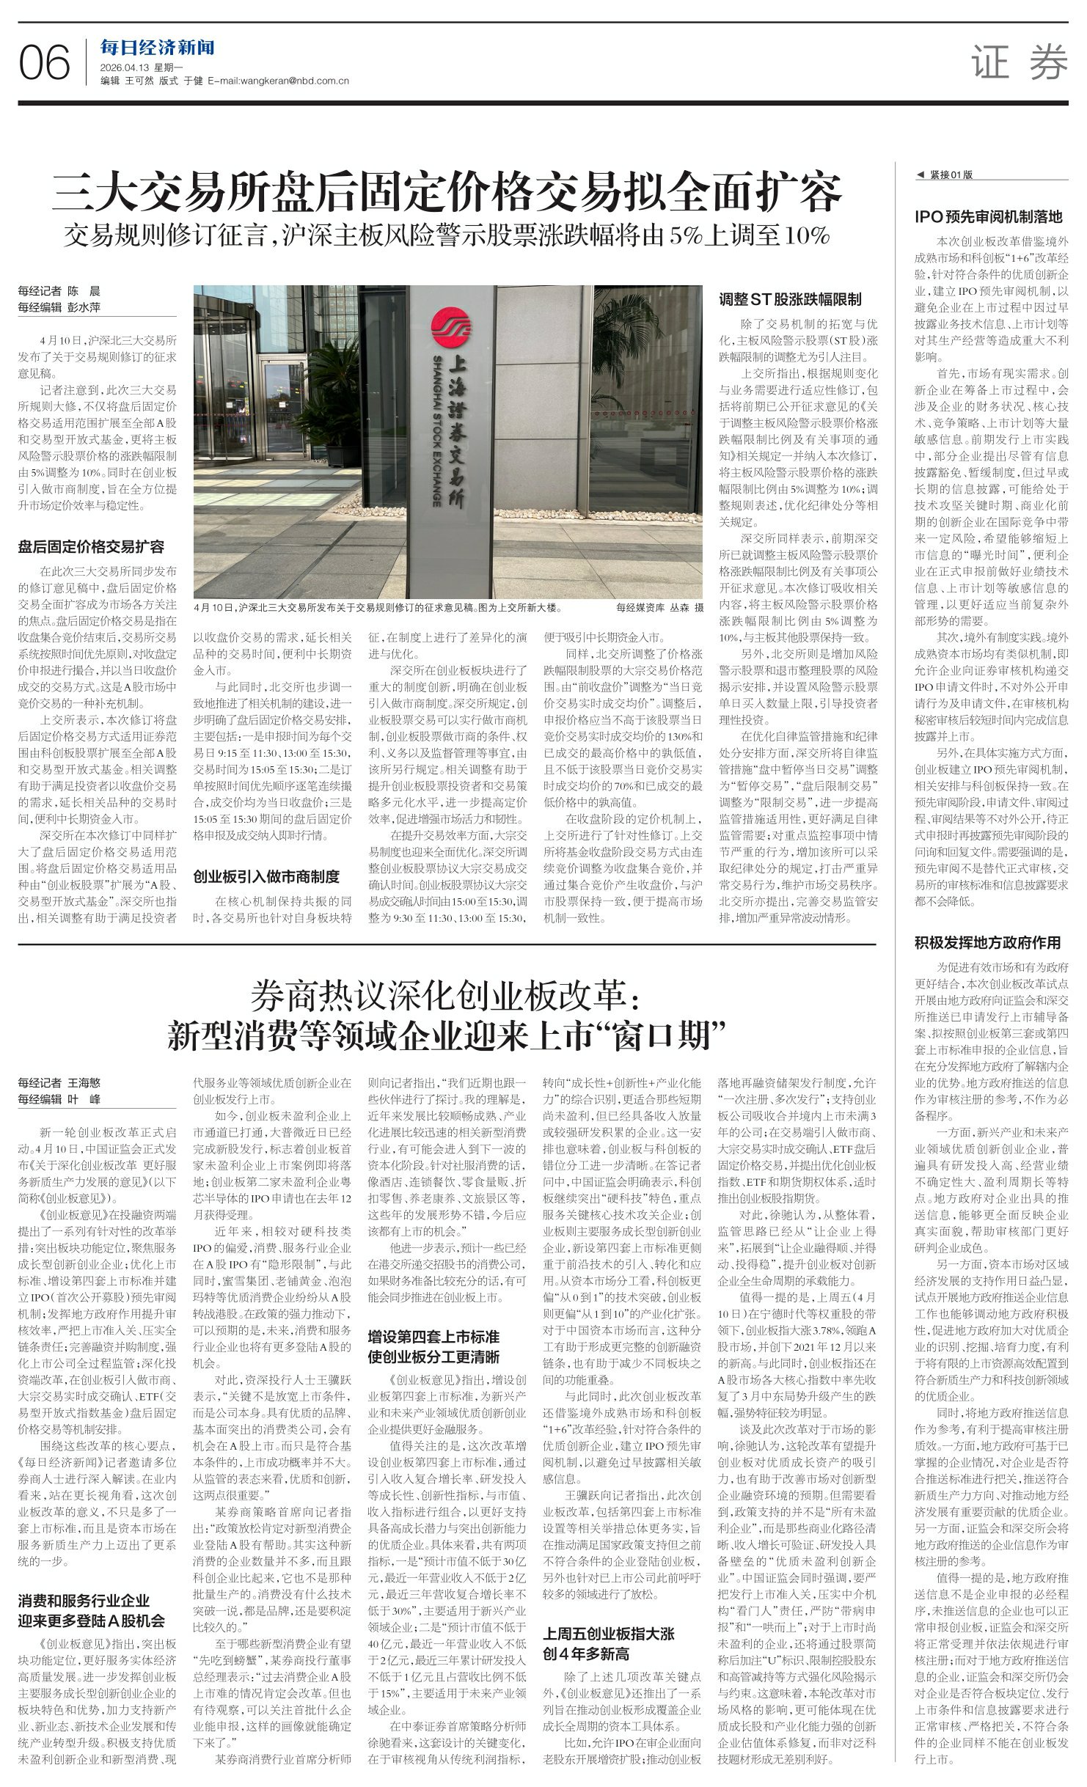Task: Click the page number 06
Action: click(44, 62)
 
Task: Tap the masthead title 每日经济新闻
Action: click(158, 48)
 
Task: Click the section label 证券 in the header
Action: click(1020, 62)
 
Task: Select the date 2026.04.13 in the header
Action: click(126, 67)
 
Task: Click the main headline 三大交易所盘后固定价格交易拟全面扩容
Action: click(447, 192)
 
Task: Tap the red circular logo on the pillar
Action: click(448, 327)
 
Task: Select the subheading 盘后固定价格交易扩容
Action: click(91, 546)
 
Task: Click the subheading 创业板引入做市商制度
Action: click(266, 876)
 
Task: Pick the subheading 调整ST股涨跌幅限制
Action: click(790, 298)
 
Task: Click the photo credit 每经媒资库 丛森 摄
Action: click(659, 607)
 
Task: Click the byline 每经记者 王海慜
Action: click(59, 1082)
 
